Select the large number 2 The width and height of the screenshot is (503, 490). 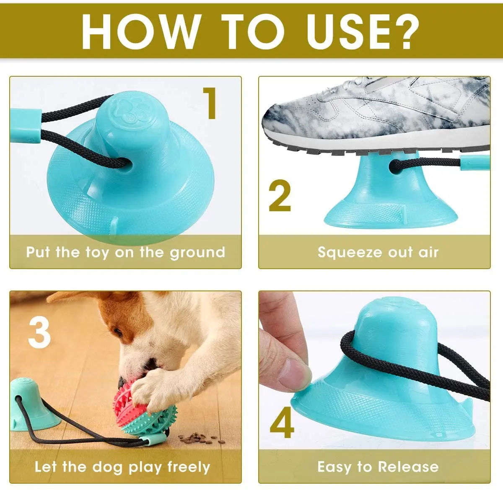coord(280,196)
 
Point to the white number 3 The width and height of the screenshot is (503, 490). coord(39,333)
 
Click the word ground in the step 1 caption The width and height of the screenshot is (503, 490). coord(197,253)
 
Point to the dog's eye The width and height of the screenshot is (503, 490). coord(118,332)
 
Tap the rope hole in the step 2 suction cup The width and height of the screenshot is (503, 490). coord(394,166)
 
